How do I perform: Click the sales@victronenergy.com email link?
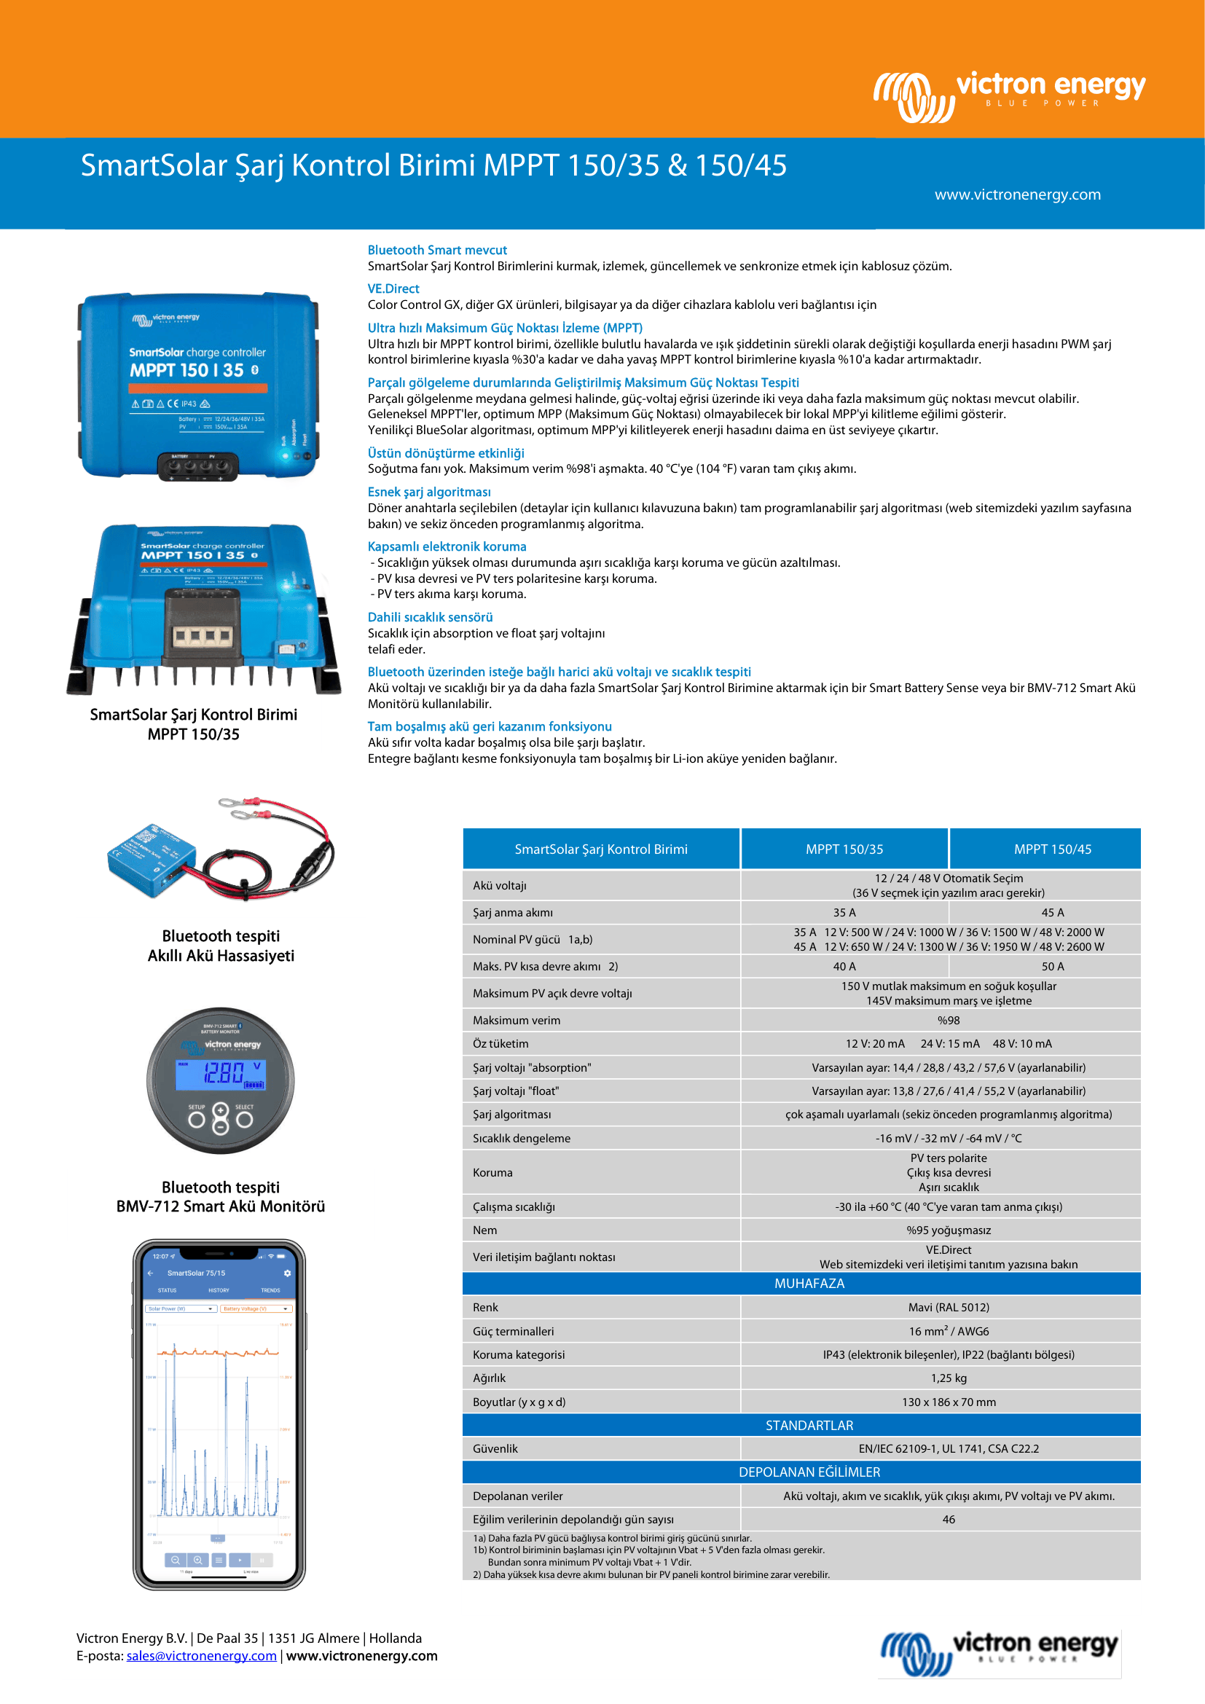201,1656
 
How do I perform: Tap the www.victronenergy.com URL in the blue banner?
1017,195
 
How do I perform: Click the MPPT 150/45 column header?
1052,849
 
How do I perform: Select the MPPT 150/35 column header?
844,849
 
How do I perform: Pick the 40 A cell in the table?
844,966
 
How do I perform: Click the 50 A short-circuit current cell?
1052,966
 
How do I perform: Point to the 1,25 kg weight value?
949,1378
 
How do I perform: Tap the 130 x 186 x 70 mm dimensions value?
949,1402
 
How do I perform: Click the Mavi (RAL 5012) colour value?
949,1307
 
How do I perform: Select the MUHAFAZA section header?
809,1283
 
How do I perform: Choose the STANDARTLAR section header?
809,1425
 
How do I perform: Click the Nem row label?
485,1230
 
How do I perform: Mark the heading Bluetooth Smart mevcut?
437,250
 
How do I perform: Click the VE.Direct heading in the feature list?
393,288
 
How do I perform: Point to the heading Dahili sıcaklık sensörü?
430,617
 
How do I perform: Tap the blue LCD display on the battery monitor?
220,1074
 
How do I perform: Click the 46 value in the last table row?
949,1519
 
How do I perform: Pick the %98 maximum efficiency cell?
949,1021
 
